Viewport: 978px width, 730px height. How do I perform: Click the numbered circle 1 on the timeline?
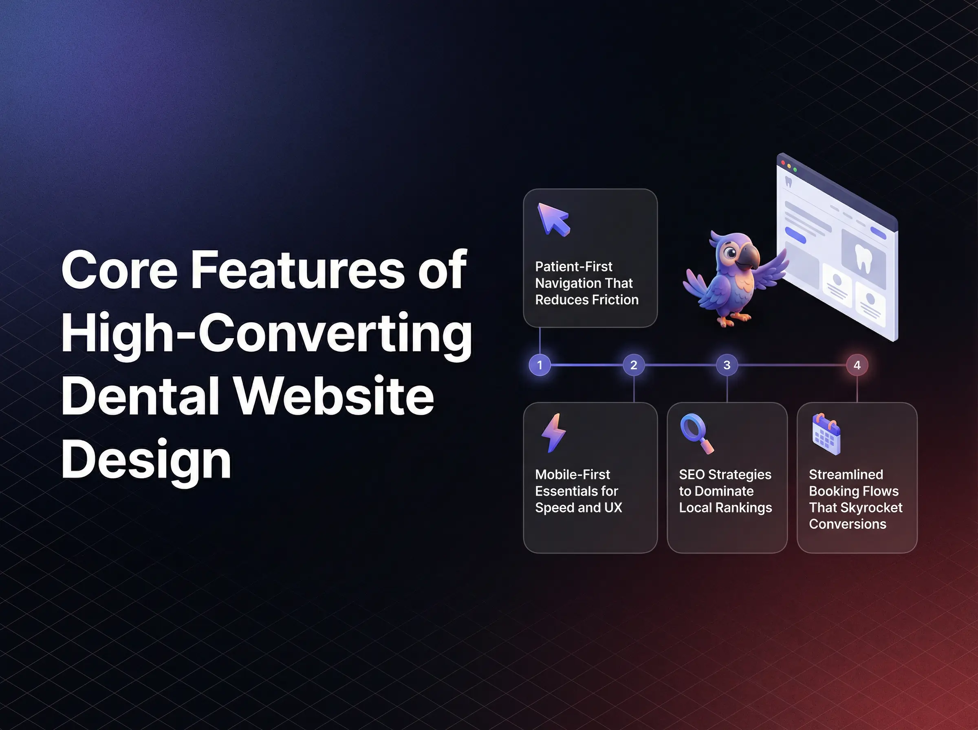coord(540,365)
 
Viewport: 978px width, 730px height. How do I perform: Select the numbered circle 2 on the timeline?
coord(633,365)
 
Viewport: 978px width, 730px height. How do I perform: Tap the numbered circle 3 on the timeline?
coord(727,365)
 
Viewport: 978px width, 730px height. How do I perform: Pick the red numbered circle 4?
coord(857,365)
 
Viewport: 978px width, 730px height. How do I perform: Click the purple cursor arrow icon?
coord(553,219)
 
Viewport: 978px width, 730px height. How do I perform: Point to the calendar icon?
coord(826,434)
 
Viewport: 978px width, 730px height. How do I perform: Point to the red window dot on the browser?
coord(783,163)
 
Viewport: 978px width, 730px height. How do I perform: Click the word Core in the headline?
coord(119,270)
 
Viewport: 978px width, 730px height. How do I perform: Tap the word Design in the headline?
coord(146,460)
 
